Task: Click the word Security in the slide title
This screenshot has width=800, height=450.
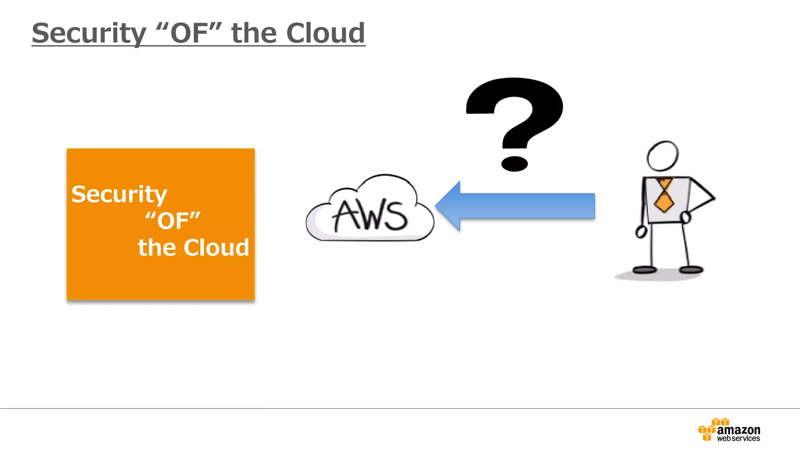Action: click(89, 34)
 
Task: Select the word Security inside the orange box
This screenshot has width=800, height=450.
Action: click(119, 195)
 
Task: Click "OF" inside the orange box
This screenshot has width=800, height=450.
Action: click(173, 221)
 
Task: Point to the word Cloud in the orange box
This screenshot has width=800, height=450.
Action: click(216, 248)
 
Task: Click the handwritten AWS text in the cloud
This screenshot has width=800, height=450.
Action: click(369, 215)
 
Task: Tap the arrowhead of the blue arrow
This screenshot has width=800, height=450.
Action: click(449, 206)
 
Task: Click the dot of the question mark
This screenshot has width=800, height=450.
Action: click(514, 164)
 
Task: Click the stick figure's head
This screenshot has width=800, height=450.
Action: click(662, 156)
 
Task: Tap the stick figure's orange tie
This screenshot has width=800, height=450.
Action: click(664, 195)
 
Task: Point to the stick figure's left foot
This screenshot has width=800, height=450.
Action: click(644, 270)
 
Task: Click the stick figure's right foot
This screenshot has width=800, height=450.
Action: click(691, 270)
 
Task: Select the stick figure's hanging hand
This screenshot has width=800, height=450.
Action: click(641, 232)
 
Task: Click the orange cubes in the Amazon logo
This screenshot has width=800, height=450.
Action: click(709, 429)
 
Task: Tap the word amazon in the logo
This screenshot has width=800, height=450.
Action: click(738, 430)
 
